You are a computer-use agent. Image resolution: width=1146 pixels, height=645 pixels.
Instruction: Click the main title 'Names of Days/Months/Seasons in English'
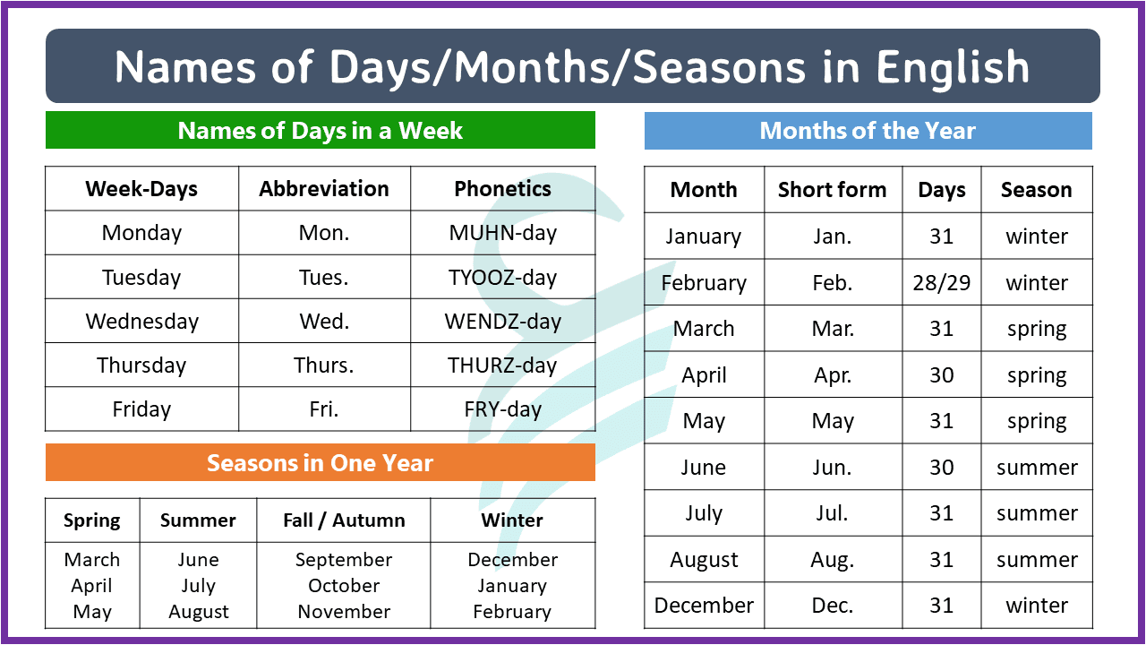[x=572, y=67]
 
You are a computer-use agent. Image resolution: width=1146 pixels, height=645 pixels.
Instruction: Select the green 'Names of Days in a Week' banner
[x=320, y=131]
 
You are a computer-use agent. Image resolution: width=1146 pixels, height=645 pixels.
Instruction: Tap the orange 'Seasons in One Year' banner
[x=320, y=463]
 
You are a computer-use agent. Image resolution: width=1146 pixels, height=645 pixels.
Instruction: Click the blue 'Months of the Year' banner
[x=868, y=131]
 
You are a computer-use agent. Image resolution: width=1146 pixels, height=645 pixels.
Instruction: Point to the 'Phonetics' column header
[x=502, y=189]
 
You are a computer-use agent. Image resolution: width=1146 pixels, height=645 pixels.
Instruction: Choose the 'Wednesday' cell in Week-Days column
[x=141, y=322]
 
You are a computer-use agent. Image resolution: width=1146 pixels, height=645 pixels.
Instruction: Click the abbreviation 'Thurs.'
[x=324, y=365]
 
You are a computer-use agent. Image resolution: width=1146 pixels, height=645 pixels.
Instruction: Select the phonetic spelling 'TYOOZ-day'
[x=502, y=278]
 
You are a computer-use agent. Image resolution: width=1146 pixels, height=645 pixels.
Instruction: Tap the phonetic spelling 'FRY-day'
[x=502, y=409]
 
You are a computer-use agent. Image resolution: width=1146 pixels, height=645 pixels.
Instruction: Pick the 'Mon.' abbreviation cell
[x=324, y=233]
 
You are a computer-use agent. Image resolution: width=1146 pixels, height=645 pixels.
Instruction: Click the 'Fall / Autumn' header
[x=344, y=520]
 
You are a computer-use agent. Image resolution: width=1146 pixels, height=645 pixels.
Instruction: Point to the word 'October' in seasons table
[x=344, y=586]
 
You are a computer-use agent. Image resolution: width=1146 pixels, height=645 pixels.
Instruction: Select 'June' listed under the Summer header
[x=198, y=560]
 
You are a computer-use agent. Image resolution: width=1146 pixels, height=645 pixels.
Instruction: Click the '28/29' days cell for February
[x=941, y=283]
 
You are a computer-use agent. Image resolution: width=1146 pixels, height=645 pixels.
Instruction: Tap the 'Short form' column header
[x=832, y=190]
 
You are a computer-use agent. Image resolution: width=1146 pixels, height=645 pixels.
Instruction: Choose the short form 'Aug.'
[x=832, y=560]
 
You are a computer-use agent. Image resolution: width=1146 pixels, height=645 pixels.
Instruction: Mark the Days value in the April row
[x=941, y=375]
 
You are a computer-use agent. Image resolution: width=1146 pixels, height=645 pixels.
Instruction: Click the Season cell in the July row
[x=1037, y=513]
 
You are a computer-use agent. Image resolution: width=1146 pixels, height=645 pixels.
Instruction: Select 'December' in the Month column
[x=704, y=606]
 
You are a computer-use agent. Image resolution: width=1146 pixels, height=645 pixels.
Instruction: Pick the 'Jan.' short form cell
[x=832, y=236]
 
